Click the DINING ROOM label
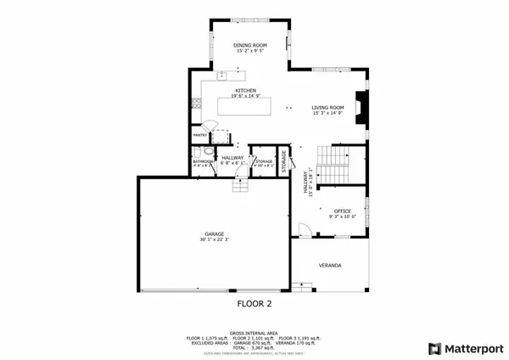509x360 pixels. (250, 44)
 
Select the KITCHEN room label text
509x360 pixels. (246, 90)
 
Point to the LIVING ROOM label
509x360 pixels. (327, 107)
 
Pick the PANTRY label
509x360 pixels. (200, 135)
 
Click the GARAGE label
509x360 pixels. (214, 233)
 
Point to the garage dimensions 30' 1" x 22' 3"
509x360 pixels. (214, 239)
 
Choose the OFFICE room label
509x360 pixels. (342, 211)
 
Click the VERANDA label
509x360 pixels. (330, 266)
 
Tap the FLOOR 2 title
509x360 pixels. (254, 301)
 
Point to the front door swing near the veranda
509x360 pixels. (301, 228)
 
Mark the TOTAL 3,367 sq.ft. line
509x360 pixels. (254, 347)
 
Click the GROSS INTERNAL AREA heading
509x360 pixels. (254, 334)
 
